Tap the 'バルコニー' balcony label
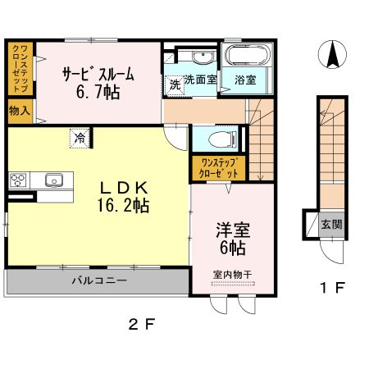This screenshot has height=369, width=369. click(98, 281)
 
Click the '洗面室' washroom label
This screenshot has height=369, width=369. click(200, 80)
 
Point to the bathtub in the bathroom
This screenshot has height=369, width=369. click(244, 57)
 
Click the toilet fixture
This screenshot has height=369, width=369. click(222, 139)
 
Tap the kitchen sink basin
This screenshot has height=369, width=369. click(54, 180)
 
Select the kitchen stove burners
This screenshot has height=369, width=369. click(18, 180)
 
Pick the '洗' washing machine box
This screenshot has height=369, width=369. click(175, 84)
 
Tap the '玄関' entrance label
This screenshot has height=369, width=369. click(331, 223)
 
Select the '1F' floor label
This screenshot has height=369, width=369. click(331, 289)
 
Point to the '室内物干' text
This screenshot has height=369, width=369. click(232, 275)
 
